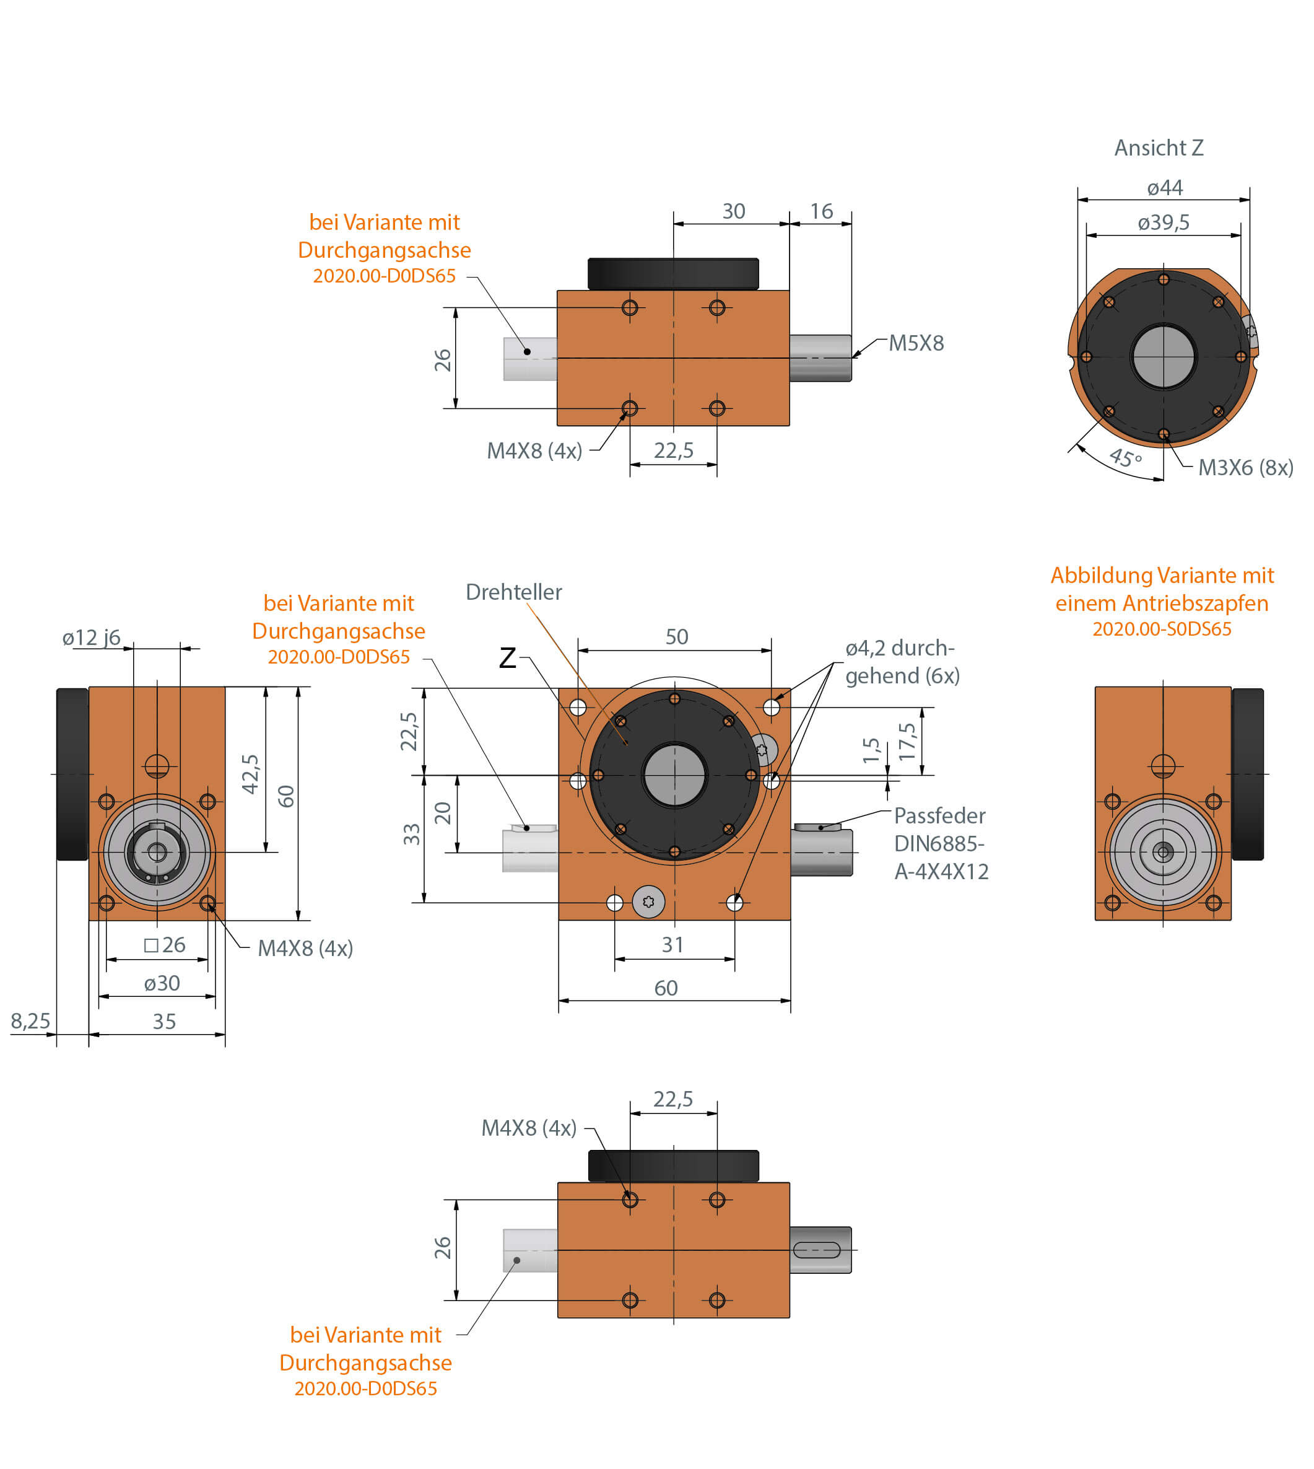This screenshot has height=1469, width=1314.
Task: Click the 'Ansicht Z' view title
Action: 1158,148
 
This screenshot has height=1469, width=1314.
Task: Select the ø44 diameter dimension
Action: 1165,188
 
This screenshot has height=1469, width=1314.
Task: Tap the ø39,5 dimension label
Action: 1163,222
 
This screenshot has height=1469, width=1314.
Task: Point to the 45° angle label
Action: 1125,457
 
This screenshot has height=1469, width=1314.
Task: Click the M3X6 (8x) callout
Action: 1245,467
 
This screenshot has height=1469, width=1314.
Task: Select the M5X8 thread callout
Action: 915,343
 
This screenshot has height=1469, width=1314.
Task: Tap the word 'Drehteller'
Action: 513,592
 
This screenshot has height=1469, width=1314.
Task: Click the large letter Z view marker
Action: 508,658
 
